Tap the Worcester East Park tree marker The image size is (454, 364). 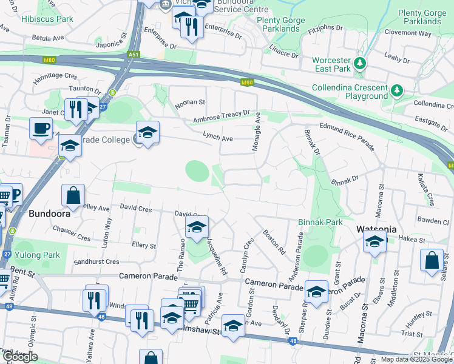pos(360,63)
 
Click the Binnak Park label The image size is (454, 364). pos(320,223)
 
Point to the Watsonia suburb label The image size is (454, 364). pos(376,229)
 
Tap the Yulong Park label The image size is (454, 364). pos(38,255)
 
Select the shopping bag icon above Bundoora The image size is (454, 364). pos(73,195)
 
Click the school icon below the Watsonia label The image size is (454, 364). pos(375,241)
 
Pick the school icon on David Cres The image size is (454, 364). pos(196,227)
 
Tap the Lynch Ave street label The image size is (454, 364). pos(218,138)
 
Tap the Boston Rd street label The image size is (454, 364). pos(274,241)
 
